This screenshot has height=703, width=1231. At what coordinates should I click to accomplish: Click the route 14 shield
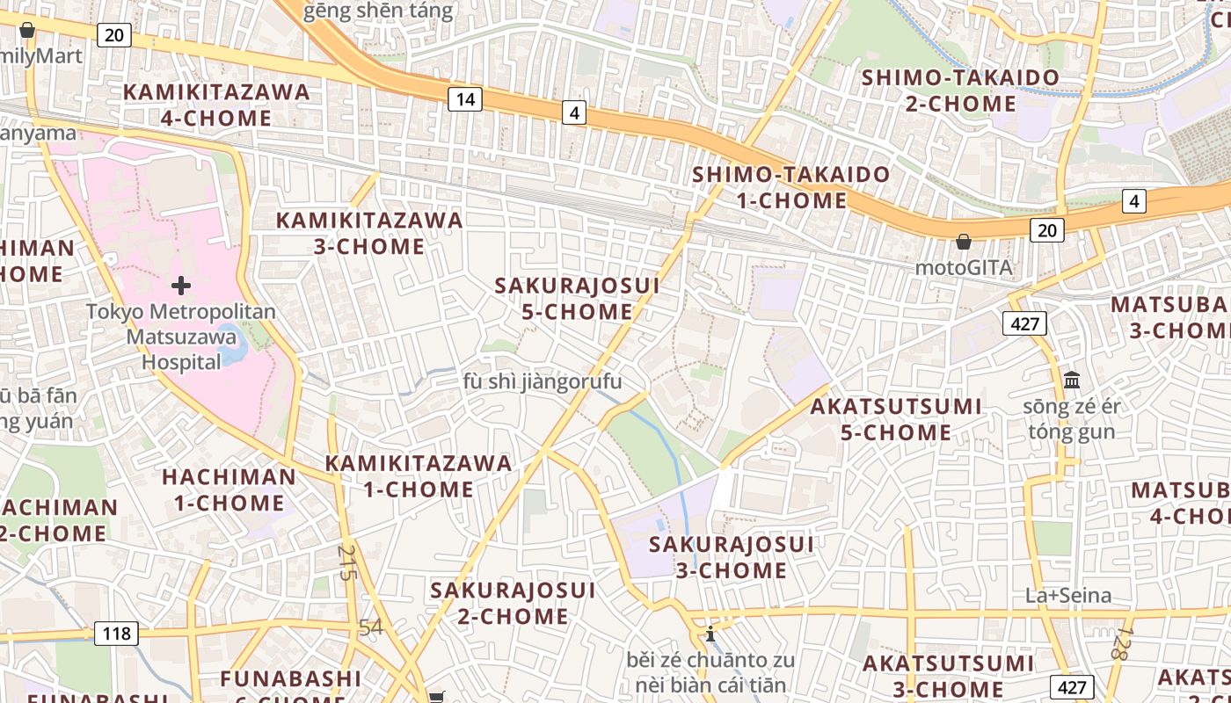pyautogui.click(x=465, y=99)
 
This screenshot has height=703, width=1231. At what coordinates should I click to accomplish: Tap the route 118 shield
pyautogui.click(x=116, y=633)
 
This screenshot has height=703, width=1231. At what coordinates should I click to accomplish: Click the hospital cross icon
pyautogui.click(x=181, y=286)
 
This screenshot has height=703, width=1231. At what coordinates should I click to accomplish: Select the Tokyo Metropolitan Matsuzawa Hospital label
pyautogui.click(x=180, y=337)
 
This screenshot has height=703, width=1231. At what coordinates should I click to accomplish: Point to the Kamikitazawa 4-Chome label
pyautogui.click(x=216, y=105)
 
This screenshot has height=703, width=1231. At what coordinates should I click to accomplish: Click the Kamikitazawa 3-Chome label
pyautogui.click(x=369, y=233)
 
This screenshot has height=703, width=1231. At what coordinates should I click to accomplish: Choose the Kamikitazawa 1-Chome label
pyautogui.click(x=419, y=475)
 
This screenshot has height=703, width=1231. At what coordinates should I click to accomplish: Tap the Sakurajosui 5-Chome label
pyautogui.click(x=577, y=298)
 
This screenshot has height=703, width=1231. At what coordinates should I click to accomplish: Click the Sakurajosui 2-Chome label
pyautogui.click(x=513, y=602)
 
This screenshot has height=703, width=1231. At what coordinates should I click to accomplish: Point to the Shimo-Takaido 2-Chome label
pyautogui.click(x=960, y=91)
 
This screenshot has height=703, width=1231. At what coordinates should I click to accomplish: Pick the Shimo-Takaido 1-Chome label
pyautogui.click(x=791, y=187)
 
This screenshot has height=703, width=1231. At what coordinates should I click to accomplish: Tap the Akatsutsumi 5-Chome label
pyautogui.click(x=896, y=419)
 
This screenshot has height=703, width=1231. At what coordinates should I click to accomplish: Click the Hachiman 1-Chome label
pyautogui.click(x=229, y=489)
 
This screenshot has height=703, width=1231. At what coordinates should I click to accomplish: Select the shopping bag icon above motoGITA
pyautogui.click(x=964, y=241)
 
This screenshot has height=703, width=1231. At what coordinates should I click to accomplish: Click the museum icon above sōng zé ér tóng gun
pyautogui.click(x=1072, y=380)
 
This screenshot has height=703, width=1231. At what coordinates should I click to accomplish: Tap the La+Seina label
pyautogui.click(x=1068, y=595)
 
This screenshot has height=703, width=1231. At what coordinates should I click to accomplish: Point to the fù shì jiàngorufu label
pyautogui.click(x=543, y=381)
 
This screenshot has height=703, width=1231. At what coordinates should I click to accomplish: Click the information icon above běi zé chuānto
pyautogui.click(x=710, y=633)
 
